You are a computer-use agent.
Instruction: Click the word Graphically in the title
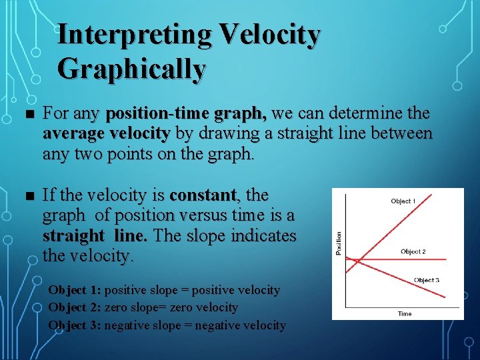click(x=131, y=69)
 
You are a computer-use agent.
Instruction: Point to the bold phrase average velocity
click(x=106, y=133)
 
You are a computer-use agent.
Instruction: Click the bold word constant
click(x=203, y=195)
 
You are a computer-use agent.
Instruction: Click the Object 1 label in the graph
click(x=403, y=201)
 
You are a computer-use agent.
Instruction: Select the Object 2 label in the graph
click(x=413, y=251)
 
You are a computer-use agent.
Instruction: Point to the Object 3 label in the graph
click(x=426, y=280)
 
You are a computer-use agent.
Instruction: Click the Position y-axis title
click(x=339, y=243)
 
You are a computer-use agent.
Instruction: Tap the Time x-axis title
click(x=405, y=313)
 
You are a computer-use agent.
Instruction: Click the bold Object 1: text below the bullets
click(x=75, y=291)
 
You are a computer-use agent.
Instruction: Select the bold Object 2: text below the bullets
click(x=75, y=308)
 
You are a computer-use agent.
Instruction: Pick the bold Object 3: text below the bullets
click(x=75, y=325)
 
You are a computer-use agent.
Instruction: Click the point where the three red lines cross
click(x=356, y=259)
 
